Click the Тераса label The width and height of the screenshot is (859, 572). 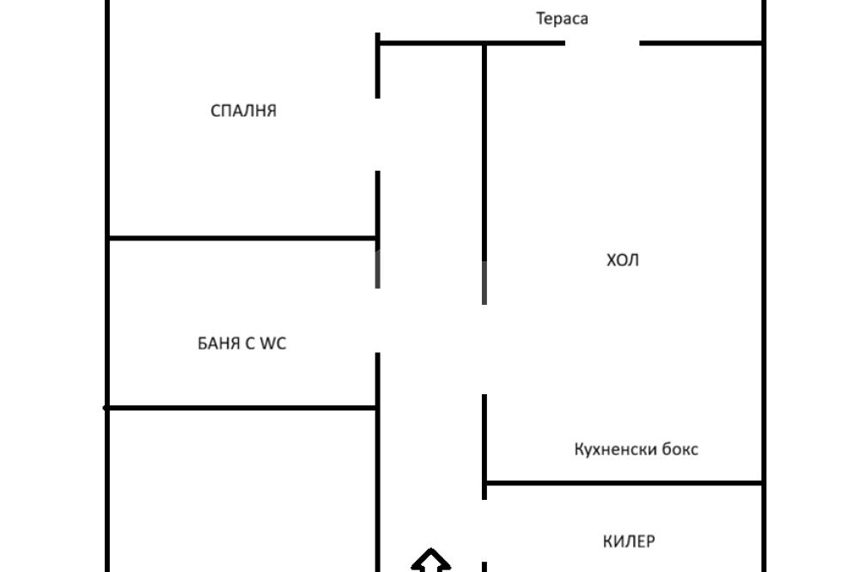562,18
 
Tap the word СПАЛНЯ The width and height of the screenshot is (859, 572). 243,111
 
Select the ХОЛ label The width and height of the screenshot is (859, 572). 623,260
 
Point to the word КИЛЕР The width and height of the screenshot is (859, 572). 629,541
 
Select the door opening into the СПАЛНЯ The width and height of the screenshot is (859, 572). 378,134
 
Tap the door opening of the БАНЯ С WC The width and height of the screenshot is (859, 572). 378,319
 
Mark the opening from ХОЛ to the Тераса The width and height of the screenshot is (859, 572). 601,43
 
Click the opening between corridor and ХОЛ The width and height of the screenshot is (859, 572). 484,349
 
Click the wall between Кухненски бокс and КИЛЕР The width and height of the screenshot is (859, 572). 624,483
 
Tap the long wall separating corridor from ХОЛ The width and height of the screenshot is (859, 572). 484,172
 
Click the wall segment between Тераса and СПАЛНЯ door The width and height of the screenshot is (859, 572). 378,65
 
